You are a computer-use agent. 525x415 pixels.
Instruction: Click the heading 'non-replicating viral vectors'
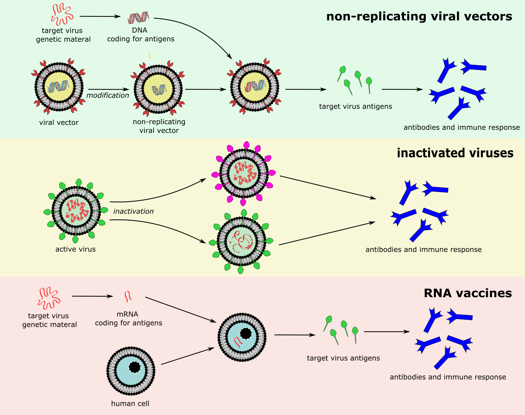(x=419, y=16)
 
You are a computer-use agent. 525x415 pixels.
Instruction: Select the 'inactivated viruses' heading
(x=455, y=153)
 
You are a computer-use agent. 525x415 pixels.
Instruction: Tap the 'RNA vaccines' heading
(x=468, y=293)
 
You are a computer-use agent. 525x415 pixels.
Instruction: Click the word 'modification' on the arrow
(x=108, y=95)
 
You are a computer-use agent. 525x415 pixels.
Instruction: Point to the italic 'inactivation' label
(x=133, y=211)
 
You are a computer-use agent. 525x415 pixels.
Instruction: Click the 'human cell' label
(x=130, y=404)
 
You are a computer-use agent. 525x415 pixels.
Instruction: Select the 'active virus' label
(x=76, y=249)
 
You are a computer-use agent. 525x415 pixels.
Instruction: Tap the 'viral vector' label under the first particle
(x=59, y=123)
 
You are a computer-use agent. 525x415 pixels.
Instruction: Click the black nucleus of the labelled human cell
(x=135, y=367)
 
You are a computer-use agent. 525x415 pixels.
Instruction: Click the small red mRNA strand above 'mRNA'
(x=128, y=296)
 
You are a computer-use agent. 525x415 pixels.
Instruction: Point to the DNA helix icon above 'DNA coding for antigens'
(x=139, y=17)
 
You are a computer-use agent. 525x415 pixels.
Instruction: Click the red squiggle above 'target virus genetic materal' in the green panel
(x=62, y=15)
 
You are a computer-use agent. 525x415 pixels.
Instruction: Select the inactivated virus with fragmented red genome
(x=241, y=242)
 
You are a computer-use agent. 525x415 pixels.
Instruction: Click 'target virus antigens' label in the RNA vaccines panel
(x=343, y=358)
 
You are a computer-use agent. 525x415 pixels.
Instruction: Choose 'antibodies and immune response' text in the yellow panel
(x=423, y=250)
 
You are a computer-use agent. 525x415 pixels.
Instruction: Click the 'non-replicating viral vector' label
(x=159, y=126)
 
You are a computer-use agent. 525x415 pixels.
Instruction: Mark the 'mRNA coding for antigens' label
(x=128, y=318)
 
